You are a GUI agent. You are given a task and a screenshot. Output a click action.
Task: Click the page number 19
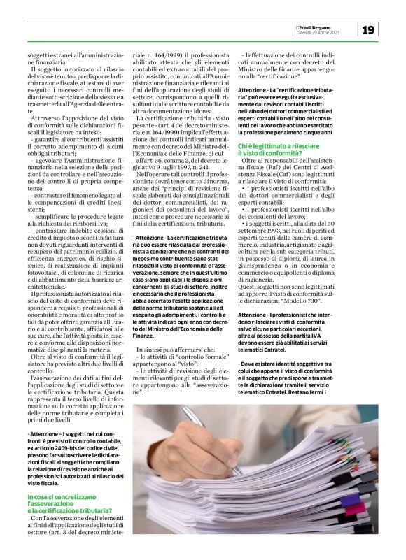[x=369, y=29]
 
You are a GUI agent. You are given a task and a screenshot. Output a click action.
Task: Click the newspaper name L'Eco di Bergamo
[x=336, y=26]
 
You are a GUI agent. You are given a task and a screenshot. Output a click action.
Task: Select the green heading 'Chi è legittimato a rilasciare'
[x=279, y=145]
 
